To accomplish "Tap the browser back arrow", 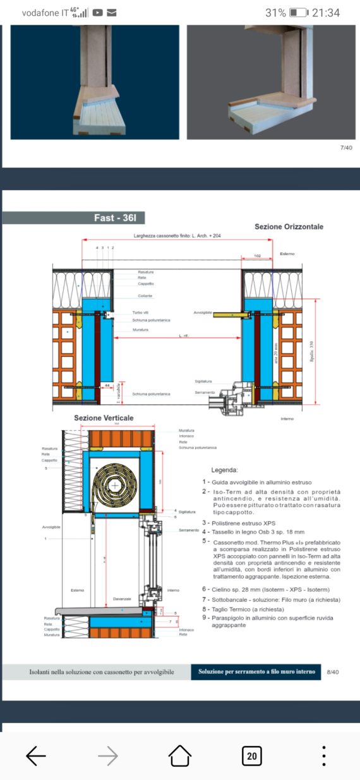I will [x=36, y=755].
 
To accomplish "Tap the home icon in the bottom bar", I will [x=179, y=755].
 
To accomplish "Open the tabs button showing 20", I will [x=251, y=755].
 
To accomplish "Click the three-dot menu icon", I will [x=323, y=755].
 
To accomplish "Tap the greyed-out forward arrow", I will [x=108, y=755].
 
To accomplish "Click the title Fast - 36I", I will [x=119, y=219].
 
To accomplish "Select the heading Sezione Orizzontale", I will [x=290, y=226].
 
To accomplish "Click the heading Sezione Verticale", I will [x=104, y=418].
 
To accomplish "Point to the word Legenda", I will [x=224, y=471].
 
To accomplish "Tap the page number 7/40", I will [x=346, y=148].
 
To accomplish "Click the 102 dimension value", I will [x=258, y=256].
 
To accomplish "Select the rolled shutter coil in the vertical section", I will [x=116, y=486].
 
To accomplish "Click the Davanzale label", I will [x=123, y=598].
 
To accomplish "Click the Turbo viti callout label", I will [x=141, y=313].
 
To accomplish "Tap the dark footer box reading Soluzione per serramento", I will [x=256, y=671].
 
